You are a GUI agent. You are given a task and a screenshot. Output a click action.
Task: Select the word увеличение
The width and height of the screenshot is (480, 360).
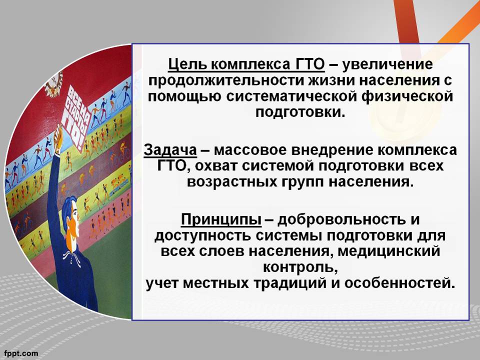[x=387, y=65]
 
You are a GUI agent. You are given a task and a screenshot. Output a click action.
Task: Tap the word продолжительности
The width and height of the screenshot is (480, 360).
[x=227, y=81]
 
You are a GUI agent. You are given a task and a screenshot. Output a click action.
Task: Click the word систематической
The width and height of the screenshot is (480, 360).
[x=292, y=96]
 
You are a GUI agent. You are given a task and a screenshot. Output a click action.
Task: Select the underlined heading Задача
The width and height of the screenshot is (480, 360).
[x=170, y=150]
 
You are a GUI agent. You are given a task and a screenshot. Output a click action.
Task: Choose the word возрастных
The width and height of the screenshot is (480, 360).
[x=231, y=182]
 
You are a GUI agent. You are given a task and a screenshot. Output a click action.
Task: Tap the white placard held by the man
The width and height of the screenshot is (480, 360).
[x=76, y=117]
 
